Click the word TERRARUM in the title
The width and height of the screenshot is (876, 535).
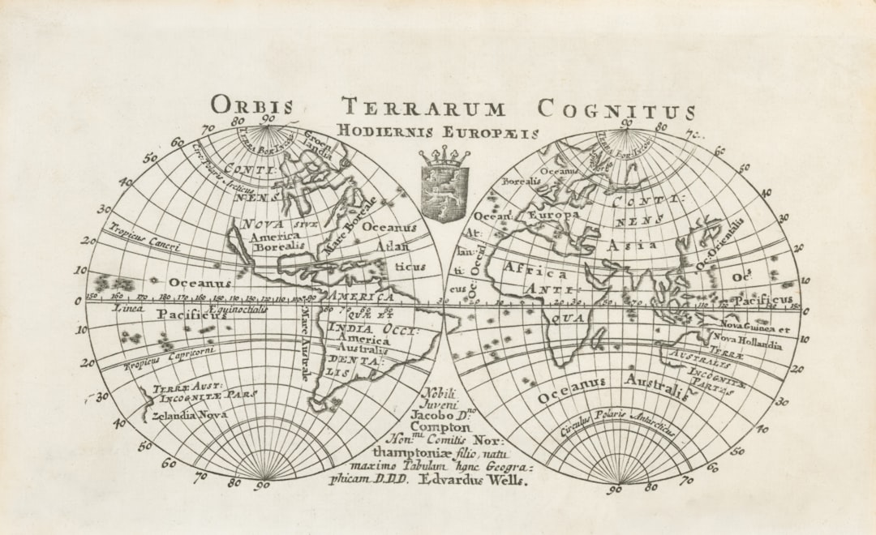(423, 108)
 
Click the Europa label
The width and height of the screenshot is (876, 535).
(554, 216)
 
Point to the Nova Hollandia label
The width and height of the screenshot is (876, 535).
(747, 343)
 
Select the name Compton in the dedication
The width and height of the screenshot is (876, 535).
(440, 426)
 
